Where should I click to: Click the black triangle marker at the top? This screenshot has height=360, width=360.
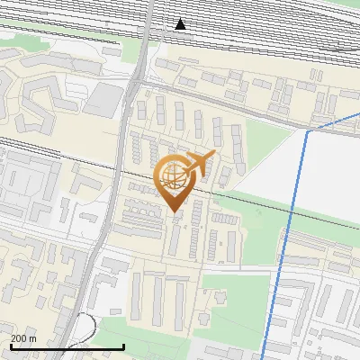(181, 24)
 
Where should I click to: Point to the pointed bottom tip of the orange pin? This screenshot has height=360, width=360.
(174, 211)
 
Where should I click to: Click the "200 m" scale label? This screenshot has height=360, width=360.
(24, 337)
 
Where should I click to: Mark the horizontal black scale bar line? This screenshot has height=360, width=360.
(67, 346)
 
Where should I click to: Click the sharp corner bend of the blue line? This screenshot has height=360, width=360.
(308, 131)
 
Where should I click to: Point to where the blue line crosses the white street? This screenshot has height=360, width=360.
(280, 268)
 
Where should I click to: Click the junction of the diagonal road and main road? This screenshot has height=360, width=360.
(136, 82)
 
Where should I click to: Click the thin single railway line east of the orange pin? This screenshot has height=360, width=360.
(261, 204)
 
